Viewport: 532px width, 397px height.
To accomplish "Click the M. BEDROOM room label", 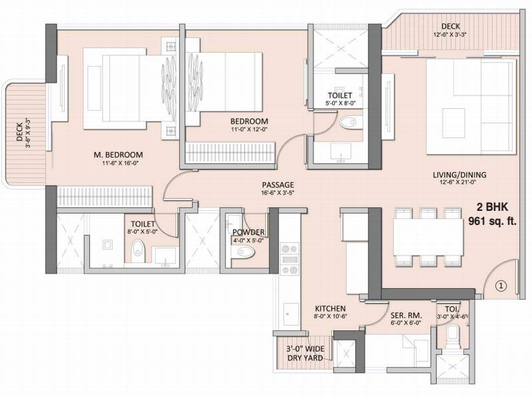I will pyautogui.click(x=118, y=155).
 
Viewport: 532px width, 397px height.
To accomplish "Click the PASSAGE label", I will pyautogui.click(x=278, y=185).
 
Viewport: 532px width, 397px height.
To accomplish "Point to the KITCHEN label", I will pyautogui.click(x=330, y=308).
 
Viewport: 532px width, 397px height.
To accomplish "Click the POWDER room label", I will pyautogui.click(x=249, y=232).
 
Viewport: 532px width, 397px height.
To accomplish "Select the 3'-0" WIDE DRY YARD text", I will pyautogui.click(x=304, y=353).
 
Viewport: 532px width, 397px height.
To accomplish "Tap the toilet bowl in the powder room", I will pyautogui.click(x=245, y=252).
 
